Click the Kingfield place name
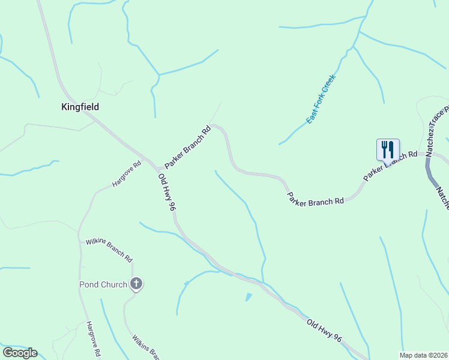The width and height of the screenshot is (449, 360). pos(80,107)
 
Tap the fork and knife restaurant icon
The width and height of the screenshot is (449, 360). pos(388,150)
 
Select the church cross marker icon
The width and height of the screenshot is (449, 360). pos(136,284)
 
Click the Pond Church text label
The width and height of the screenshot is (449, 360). pos(103,284)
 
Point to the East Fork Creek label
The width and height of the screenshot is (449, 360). pos(321,99)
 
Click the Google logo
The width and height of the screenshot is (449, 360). pos(20,353)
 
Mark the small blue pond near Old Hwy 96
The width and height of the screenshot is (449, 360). pos(249,297)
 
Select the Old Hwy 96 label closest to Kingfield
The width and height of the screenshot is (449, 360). pos(166,192)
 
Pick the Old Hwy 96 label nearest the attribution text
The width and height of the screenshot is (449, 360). pos(324,331)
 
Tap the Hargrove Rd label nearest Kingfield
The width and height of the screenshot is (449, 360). pos(127,174)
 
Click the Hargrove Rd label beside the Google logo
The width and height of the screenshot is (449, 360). pos(92,340)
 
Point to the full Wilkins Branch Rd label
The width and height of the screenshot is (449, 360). pos(109,250)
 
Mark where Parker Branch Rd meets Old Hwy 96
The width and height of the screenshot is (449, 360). pos(157,170)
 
